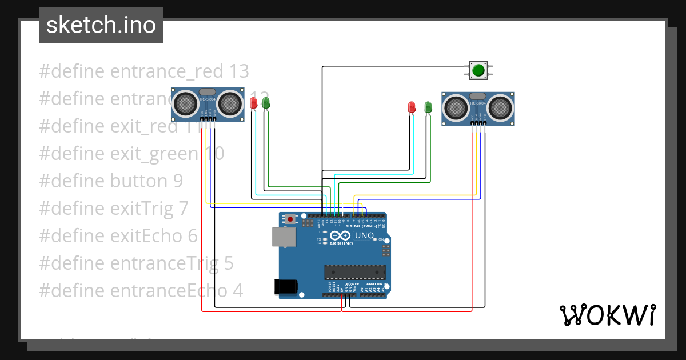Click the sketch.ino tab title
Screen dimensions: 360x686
[x=101, y=25]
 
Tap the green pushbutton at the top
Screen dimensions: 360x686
[x=478, y=70]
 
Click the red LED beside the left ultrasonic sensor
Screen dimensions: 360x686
[x=254, y=103]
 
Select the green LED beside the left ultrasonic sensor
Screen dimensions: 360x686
[x=265, y=103]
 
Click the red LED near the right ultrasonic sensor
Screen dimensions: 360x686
[x=412, y=107]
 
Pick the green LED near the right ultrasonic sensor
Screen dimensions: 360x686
[x=428, y=107]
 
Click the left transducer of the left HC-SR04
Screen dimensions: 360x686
[x=186, y=103]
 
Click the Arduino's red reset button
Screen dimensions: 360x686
[x=291, y=219]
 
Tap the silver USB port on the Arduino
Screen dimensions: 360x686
[x=284, y=237]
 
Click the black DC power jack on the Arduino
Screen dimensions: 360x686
[x=287, y=286]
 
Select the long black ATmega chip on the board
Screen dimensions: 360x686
[x=354, y=272]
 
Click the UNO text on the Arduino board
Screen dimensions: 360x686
[x=365, y=235]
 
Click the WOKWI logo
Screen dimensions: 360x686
[x=607, y=315]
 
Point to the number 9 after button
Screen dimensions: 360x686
[x=178, y=181]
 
